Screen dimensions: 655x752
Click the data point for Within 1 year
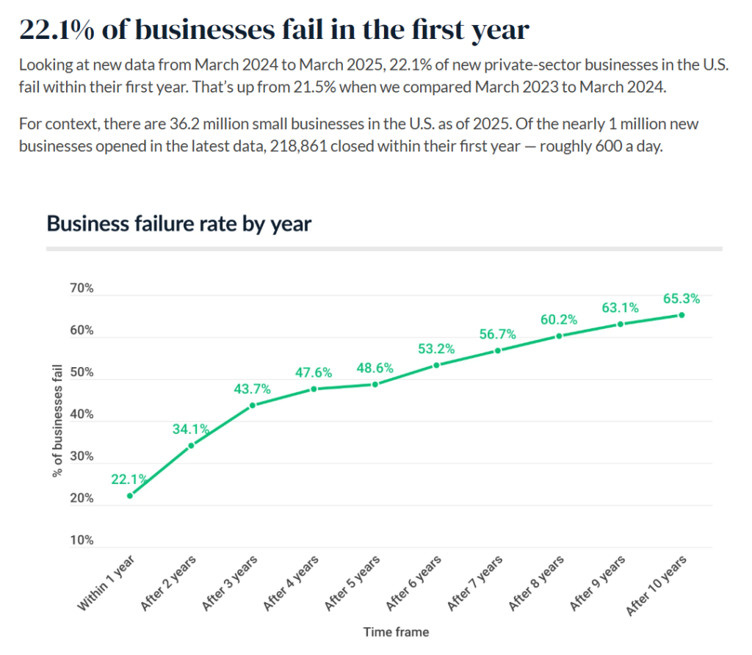click(130, 496)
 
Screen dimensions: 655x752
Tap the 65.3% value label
click(682, 299)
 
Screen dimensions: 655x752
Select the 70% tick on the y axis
click(82, 289)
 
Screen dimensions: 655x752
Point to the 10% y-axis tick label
click(82, 541)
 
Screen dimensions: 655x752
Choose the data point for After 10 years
click(681, 315)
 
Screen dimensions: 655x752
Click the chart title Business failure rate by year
click(179, 223)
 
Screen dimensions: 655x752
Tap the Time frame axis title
click(396, 632)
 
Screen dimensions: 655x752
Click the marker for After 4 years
click(314, 388)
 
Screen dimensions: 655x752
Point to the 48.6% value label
click(375, 368)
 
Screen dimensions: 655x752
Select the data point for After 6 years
click(436, 365)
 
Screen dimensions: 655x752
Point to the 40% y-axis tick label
click(82, 415)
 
